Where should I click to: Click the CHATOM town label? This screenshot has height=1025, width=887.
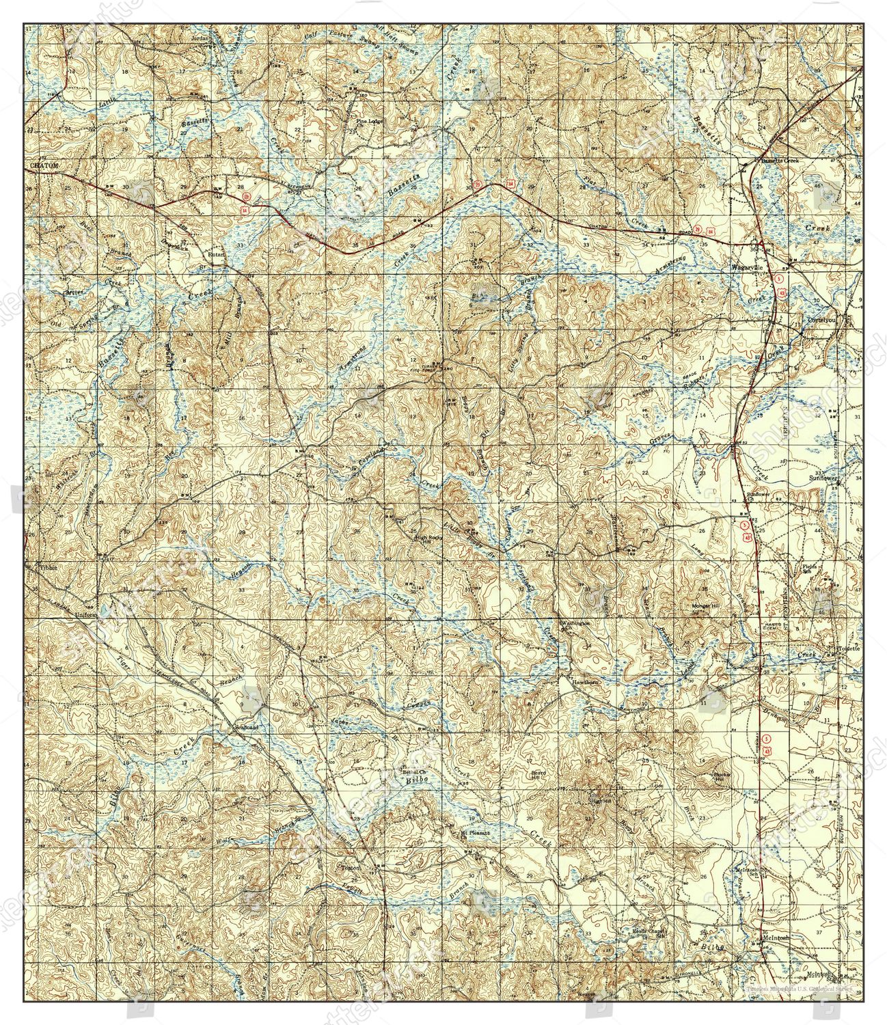pyautogui.click(x=46, y=166)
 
